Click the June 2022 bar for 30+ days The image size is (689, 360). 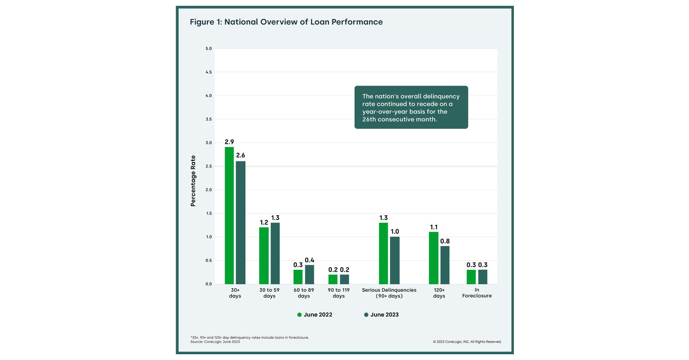[229, 215]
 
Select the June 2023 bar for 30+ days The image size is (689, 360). [241, 223]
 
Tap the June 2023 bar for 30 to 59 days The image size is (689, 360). [275, 253]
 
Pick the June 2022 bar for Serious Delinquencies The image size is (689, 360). [384, 253]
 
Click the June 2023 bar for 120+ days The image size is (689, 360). [445, 265]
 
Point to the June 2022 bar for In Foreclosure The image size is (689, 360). [471, 277]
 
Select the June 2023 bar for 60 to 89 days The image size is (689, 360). [309, 274]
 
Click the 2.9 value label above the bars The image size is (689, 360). [229, 141]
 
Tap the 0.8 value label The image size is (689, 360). [445, 241]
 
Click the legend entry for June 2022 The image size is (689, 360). [315, 315]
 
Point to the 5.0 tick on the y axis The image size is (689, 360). [208, 49]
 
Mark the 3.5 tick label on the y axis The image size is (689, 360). [208, 119]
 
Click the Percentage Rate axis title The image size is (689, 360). [193, 181]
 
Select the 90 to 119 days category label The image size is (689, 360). [338, 293]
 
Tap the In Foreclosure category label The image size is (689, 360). [477, 293]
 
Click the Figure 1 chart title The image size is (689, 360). [286, 22]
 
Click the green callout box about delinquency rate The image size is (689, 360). [411, 107]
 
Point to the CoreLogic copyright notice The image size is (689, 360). [467, 342]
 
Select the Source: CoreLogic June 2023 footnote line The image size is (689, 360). [215, 342]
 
